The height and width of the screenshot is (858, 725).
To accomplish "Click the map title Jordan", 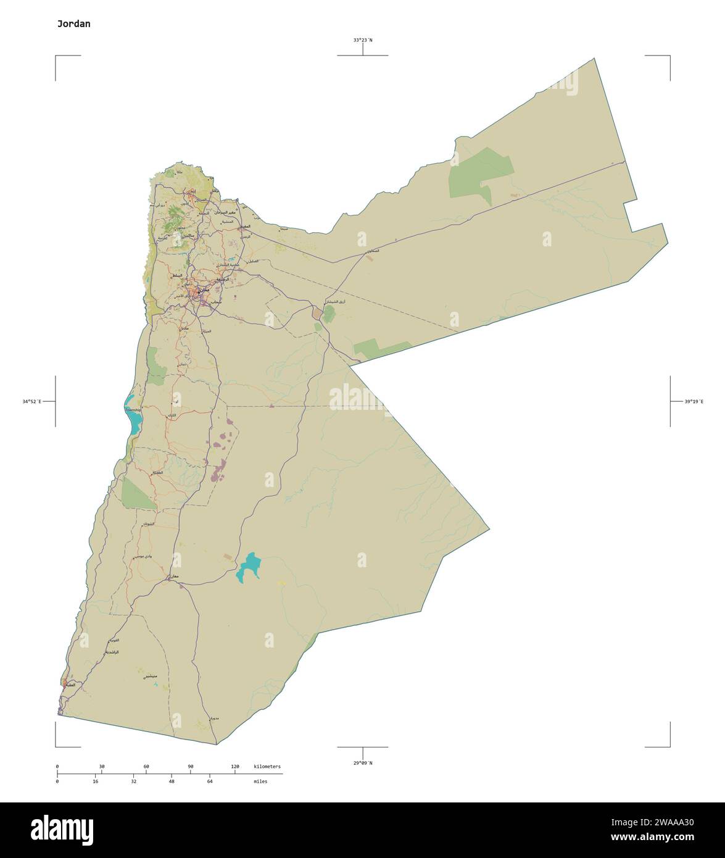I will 73,24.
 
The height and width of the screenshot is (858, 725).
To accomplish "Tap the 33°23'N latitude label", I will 363,40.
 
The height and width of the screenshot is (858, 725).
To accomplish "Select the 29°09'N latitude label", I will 363,763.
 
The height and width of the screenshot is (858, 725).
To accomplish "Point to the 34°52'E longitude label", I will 31,401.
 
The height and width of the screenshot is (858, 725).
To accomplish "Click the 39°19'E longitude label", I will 694,401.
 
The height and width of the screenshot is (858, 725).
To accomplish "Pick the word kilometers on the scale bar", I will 267,767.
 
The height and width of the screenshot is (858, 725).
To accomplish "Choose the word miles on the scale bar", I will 260,781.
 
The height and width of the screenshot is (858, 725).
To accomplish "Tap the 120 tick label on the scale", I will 235,767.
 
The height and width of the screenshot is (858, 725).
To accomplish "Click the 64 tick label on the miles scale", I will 210,781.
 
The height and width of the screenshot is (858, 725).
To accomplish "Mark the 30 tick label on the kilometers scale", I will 102,767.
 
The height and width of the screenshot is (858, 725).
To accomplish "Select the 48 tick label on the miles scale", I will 172,781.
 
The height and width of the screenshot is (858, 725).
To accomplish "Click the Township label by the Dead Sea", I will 133,410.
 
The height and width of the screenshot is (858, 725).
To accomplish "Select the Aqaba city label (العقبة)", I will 70,685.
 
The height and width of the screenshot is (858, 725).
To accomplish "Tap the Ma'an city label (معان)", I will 174,576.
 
